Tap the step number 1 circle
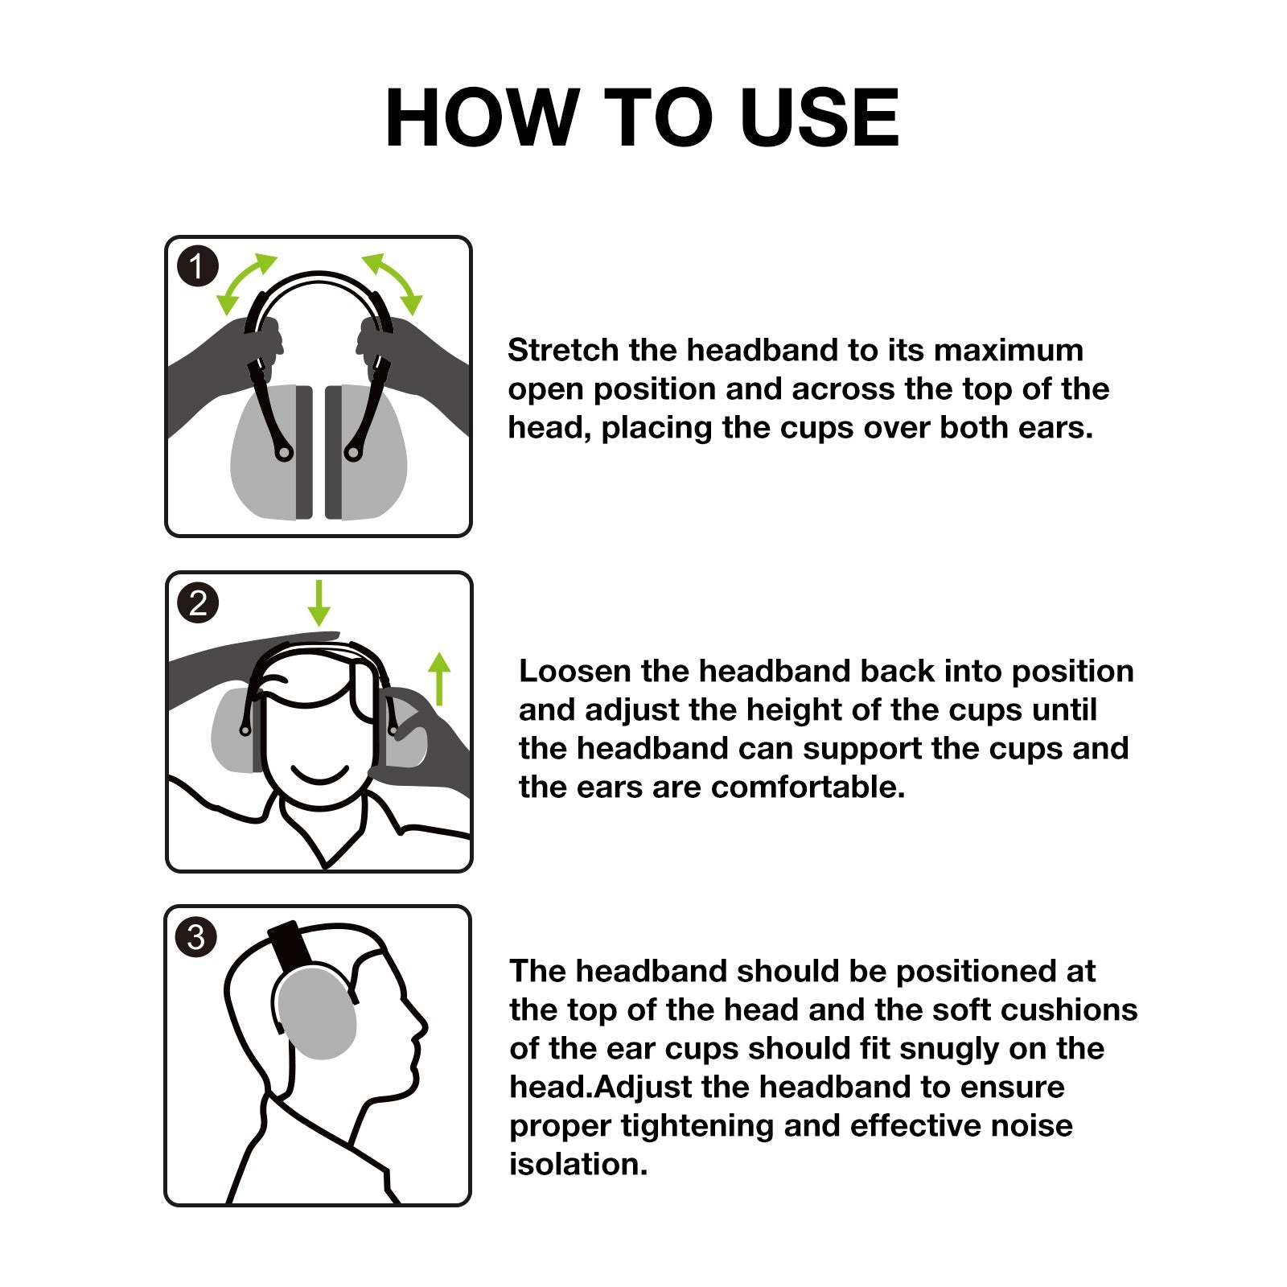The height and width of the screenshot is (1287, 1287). pos(197,266)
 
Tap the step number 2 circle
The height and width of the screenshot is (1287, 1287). pos(198,602)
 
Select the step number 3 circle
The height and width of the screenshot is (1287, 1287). pos(196,937)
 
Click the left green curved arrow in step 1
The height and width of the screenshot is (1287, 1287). pos(245,283)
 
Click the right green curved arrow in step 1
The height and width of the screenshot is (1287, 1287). pos(393,283)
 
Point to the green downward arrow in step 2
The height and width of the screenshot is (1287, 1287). pos(319,603)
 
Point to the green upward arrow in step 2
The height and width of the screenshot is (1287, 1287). pos(439,677)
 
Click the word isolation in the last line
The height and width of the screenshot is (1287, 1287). pos(578,1165)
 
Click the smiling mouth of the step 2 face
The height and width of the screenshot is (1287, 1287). pos(319,776)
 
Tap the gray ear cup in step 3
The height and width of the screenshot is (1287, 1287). pos(315,1014)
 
